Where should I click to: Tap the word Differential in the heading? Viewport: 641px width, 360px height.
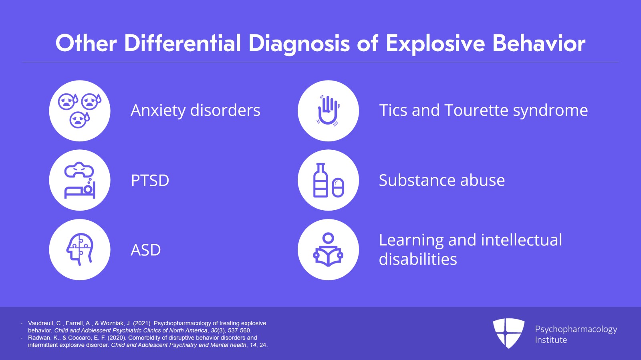pos(182,43)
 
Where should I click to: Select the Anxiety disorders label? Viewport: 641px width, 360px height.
pos(196,110)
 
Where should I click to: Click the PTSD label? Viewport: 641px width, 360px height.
pos(150,181)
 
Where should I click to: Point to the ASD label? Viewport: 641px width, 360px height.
pos(145,250)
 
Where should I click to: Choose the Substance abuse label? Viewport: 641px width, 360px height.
pos(441,181)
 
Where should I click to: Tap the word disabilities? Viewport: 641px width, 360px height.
pos(417,259)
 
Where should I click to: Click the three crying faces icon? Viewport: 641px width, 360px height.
pos(79,111)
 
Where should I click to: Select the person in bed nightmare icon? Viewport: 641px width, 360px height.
pos(79,180)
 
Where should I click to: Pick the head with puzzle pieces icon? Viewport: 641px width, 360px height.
pos(79,249)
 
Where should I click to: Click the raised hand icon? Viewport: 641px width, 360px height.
pos(328,111)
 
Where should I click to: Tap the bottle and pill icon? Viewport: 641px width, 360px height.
pos(328,180)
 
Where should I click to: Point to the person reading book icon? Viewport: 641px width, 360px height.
pos(328,249)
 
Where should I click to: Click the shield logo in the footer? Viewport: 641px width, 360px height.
pos(508,333)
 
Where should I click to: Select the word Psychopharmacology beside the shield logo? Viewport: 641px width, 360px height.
pos(576,329)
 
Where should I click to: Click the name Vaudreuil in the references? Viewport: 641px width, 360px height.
pos(40,323)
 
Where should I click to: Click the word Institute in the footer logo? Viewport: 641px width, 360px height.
pos(551,340)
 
